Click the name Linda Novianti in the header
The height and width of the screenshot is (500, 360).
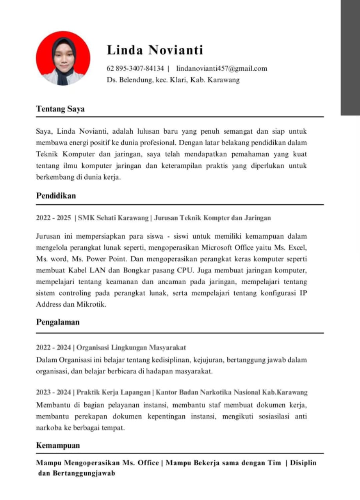[x=155, y=50]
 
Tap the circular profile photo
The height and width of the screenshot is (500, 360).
[x=63, y=58]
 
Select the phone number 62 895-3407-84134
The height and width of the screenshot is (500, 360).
[x=135, y=69]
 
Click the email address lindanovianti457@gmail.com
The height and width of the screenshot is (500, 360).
[x=221, y=69]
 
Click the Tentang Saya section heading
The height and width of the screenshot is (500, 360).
[x=60, y=109]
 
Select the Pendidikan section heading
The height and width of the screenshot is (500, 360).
[x=56, y=196]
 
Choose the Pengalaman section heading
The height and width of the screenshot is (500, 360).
[x=58, y=322]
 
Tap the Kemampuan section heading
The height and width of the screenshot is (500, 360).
[x=58, y=446]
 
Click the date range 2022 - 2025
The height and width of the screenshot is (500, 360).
[x=53, y=218]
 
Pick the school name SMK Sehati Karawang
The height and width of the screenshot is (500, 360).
[x=113, y=218]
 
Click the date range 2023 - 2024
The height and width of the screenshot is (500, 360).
[x=53, y=392]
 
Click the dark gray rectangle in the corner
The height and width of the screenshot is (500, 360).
[x=350, y=57]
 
